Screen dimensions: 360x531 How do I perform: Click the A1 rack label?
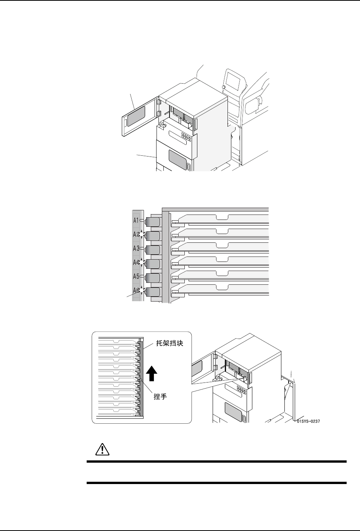[x=136, y=220]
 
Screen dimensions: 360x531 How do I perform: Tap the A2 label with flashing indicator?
[x=136, y=235]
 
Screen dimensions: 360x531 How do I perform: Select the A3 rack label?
[x=136, y=249]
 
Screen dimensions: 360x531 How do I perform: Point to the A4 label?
[x=136, y=263]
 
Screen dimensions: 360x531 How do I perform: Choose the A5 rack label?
[x=136, y=276]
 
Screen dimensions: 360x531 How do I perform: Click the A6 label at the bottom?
[x=136, y=291]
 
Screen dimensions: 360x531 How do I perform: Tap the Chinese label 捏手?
[x=161, y=397]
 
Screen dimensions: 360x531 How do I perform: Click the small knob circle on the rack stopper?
[x=141, y=380]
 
